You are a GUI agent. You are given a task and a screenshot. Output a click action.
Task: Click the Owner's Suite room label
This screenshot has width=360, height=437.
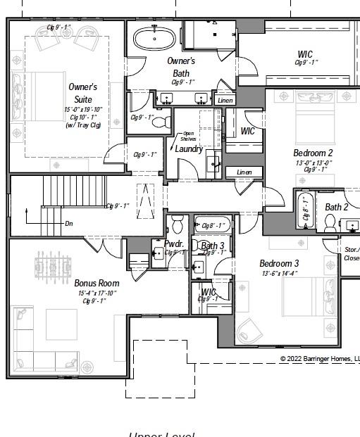pos(83,93)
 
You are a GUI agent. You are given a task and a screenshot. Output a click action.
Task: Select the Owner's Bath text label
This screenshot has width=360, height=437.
pos(181,66)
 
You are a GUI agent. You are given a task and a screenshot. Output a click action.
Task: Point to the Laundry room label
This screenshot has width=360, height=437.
pos(189,149)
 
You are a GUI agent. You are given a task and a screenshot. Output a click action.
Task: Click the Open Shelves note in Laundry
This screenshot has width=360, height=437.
pos(188,136)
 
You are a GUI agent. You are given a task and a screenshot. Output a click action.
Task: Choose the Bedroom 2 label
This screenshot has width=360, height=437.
pos(313,153)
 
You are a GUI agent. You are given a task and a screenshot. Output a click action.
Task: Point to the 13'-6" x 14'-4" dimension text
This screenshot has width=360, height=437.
pos(279,273)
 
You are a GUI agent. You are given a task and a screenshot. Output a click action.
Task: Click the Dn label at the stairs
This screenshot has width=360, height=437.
pos(68,223)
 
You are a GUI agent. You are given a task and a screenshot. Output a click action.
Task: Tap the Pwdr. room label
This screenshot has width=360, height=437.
pos(173,244)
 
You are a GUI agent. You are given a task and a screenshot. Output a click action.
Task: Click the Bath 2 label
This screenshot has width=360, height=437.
pos(336,207)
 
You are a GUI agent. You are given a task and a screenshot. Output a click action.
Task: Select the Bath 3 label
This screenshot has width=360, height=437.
pos(212,246)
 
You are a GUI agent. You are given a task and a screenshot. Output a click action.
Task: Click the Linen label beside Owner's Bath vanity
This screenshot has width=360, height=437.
pos(225,101)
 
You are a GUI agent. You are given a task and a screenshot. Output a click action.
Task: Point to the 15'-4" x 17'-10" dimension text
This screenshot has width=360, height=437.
pos(97,293)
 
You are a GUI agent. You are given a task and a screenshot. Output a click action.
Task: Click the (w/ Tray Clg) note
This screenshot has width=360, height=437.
pos(83,125)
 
